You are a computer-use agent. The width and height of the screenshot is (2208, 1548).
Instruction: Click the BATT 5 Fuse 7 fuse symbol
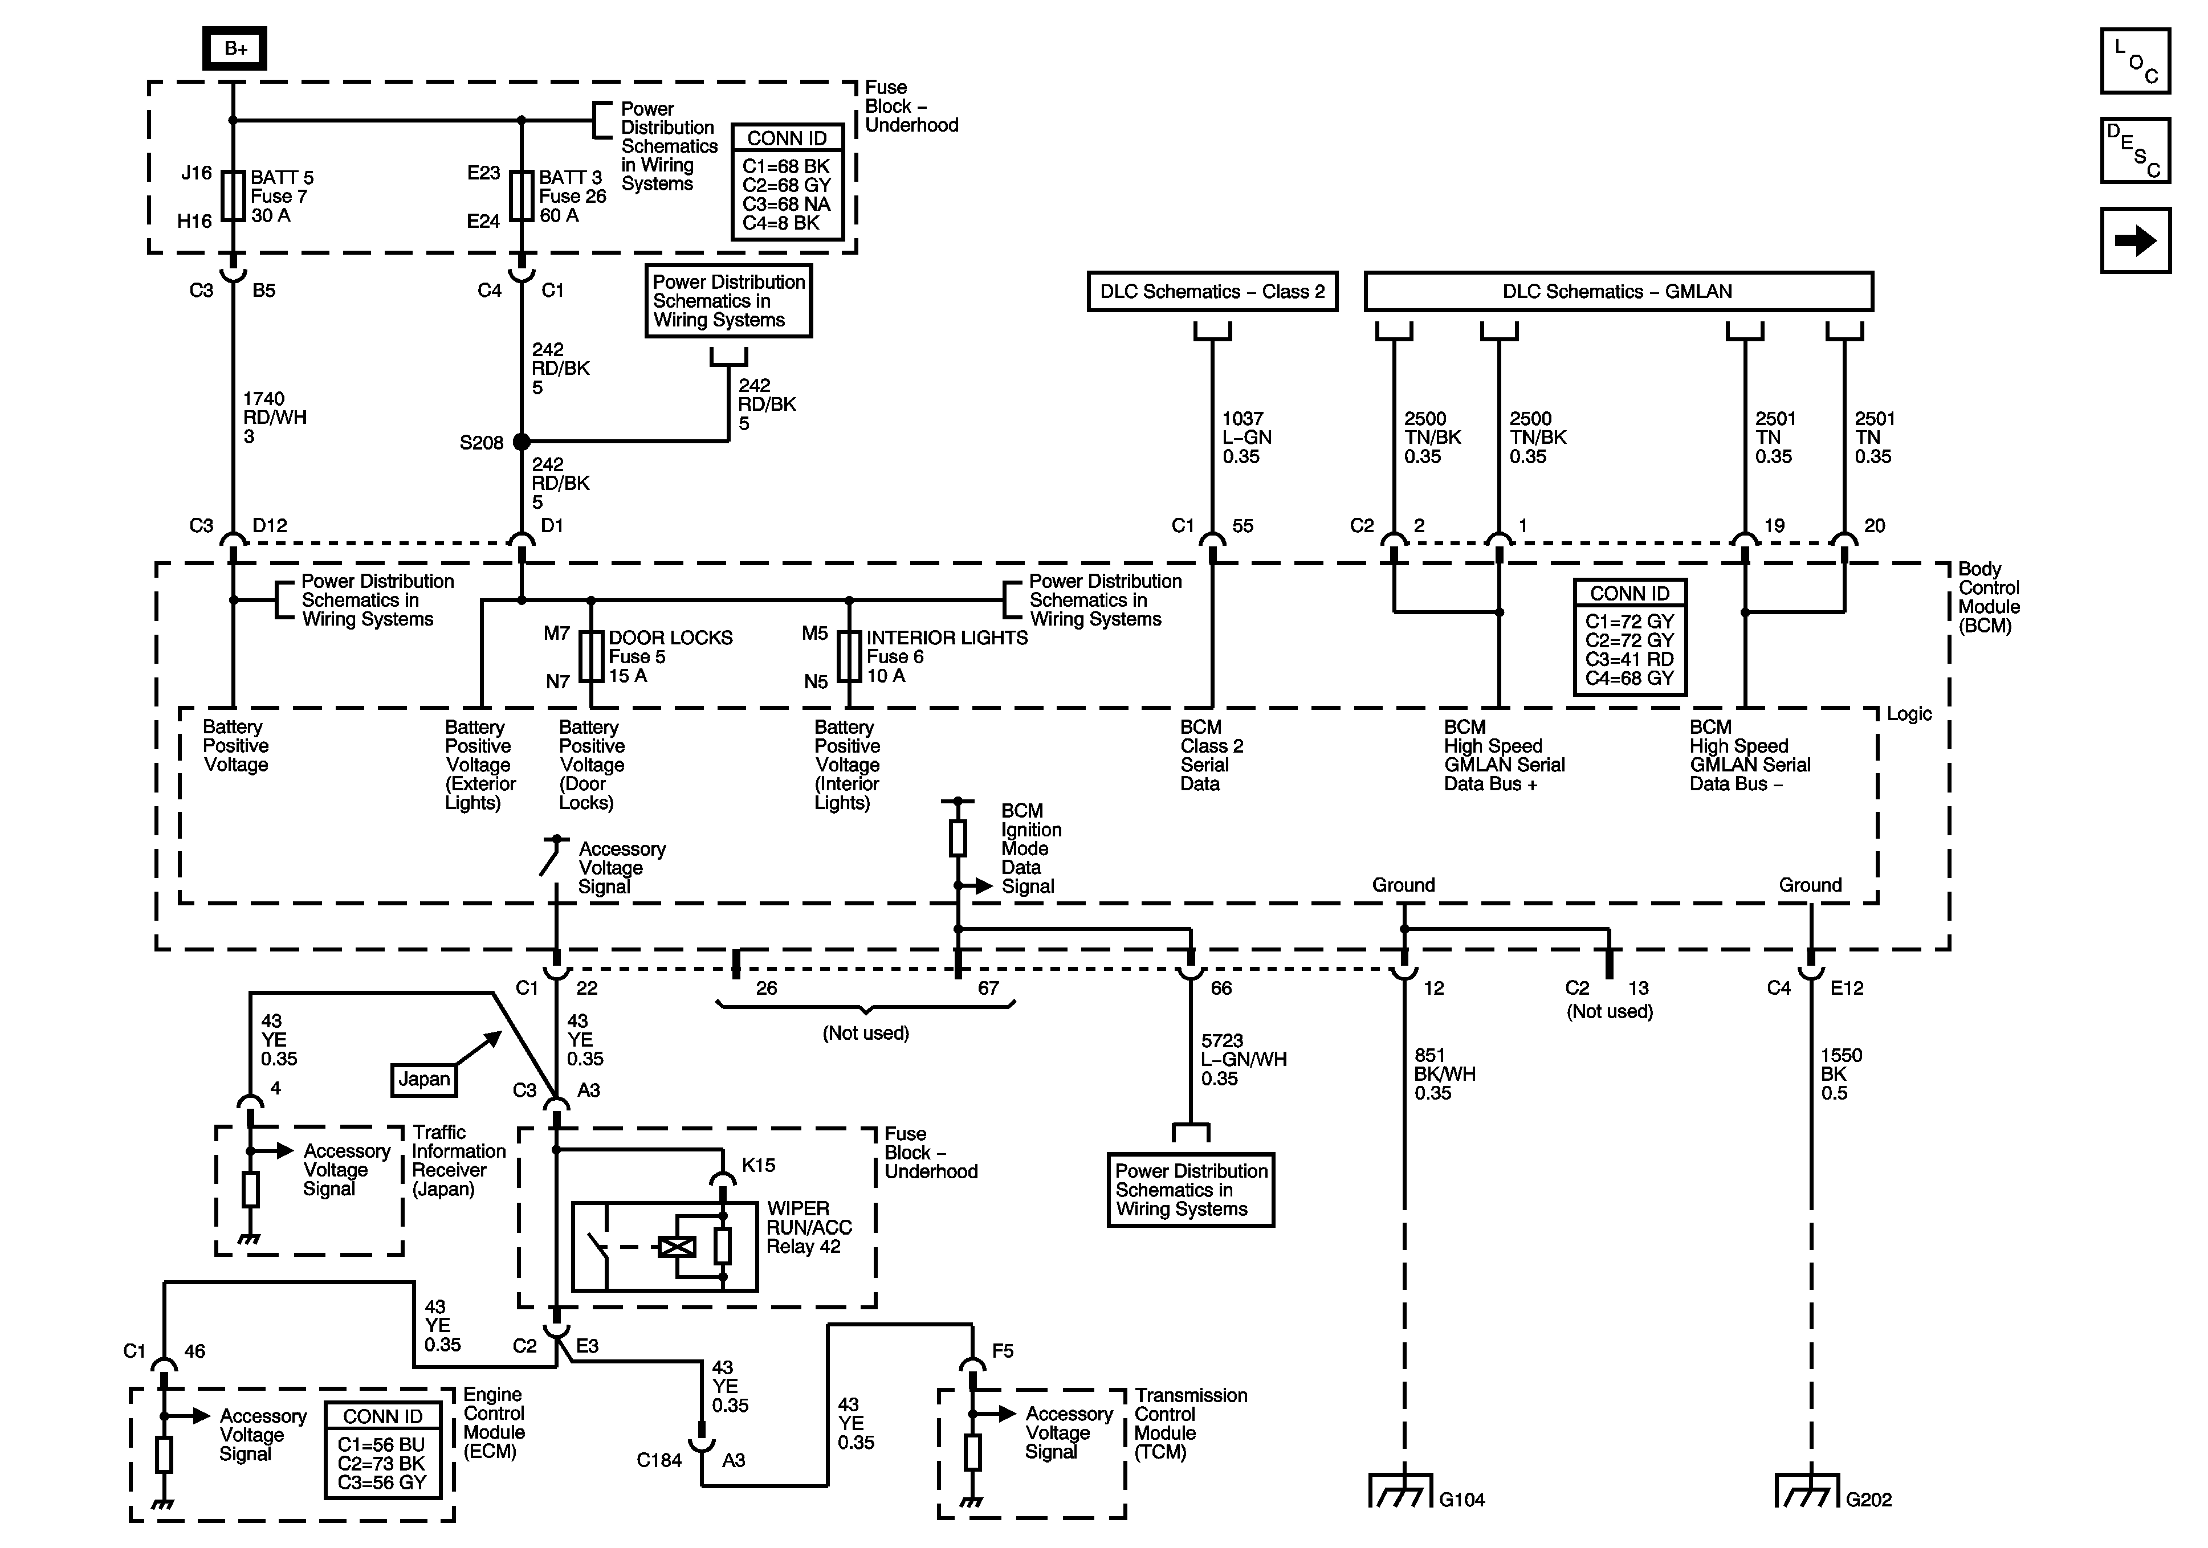233,196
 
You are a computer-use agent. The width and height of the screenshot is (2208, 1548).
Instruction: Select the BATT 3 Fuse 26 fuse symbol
522,196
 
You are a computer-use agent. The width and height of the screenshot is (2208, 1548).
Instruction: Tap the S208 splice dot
522,442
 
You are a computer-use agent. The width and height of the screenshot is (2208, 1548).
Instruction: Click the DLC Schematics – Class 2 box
1212,291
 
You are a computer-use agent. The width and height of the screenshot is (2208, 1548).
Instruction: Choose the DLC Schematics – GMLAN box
1618,291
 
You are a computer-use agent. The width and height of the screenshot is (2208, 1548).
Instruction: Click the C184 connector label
659,1460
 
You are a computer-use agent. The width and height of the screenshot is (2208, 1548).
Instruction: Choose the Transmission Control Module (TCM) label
1191,1423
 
